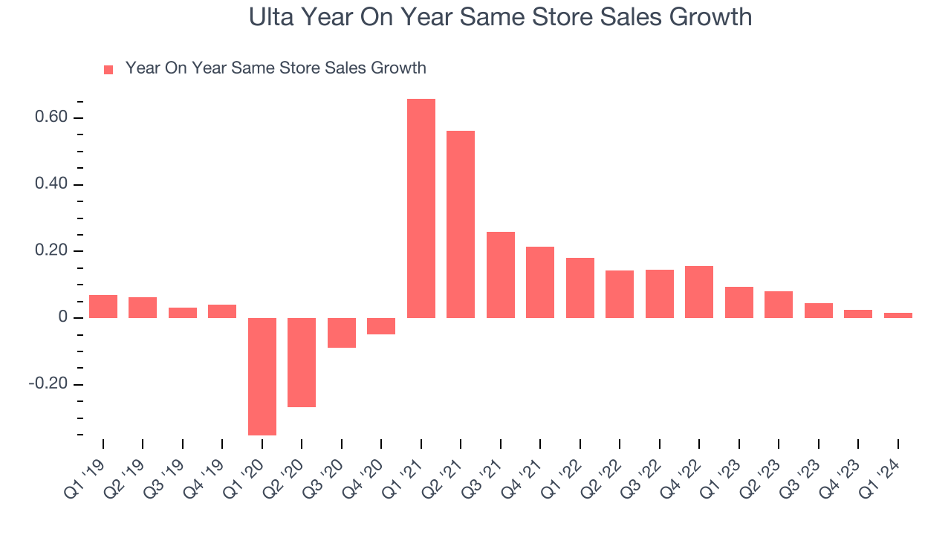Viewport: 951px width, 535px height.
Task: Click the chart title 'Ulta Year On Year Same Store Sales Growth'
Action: coord(500,17)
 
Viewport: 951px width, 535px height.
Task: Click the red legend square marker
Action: coord(108,69)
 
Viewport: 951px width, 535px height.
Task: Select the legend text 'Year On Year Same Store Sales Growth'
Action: coord(276,68)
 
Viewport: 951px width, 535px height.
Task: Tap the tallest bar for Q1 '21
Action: coord(421,208)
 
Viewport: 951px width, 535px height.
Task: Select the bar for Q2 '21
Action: coord(461,224)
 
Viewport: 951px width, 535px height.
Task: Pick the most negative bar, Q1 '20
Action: coord(262,376)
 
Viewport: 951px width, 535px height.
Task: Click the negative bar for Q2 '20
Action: coord(302,362)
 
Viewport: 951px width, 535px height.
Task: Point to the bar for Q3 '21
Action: coord(501,275)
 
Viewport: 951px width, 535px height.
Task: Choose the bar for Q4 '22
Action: coord(699,292)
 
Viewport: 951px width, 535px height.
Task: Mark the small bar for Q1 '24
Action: coord(898,315)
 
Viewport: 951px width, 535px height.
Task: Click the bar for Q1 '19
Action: coord(103,306)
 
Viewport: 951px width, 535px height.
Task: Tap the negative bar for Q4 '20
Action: coord(381,326)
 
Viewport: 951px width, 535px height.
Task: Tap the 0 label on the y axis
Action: coord(63,318)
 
